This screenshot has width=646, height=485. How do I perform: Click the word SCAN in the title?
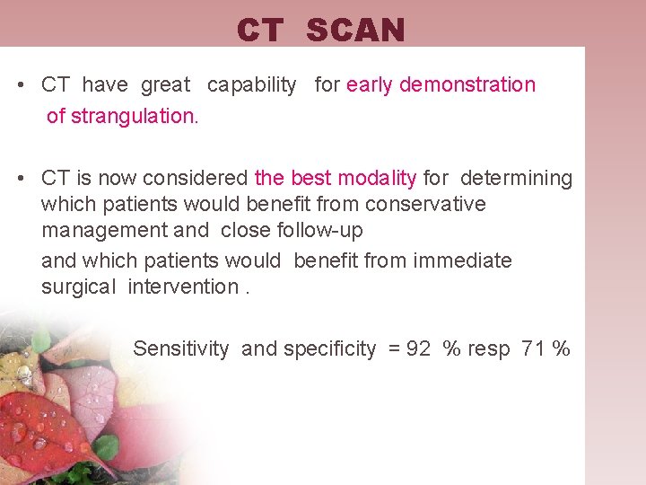355,31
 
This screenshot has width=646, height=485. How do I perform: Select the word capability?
251,85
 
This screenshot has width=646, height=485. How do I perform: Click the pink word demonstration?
467,85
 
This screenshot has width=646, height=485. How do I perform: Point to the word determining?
516,178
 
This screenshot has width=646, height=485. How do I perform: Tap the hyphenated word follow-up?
319,231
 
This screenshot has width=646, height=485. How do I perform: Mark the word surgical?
79,287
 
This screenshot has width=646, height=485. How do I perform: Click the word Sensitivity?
180,348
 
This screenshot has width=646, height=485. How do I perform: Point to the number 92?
418,348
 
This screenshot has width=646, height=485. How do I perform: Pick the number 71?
533,348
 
